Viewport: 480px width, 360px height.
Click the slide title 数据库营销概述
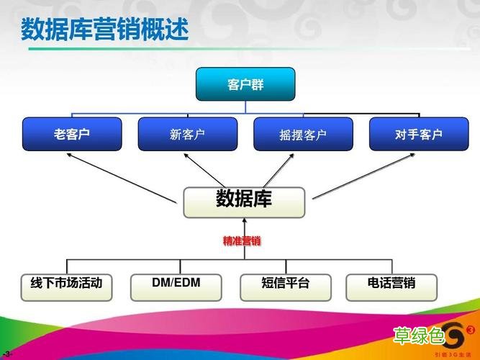104,30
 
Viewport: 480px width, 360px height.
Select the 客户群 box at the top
245,84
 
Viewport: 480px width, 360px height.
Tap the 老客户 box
71,134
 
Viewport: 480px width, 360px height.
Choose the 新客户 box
187,134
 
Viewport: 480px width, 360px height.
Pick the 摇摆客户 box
303,134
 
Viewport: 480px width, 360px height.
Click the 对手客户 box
418,134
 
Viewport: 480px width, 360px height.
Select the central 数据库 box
244,201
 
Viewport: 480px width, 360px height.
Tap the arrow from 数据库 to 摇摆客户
277,170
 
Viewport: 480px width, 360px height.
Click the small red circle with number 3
471,330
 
